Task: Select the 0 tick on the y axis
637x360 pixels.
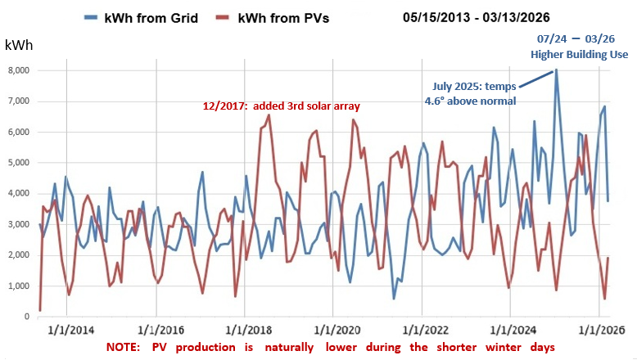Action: point(27,317)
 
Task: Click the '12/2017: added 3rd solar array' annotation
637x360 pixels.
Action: point(282,106)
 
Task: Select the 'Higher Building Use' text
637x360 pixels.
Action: point(579,54)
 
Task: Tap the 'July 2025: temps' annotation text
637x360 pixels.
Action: point(472,87)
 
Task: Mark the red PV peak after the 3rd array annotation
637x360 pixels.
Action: point(269,115)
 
